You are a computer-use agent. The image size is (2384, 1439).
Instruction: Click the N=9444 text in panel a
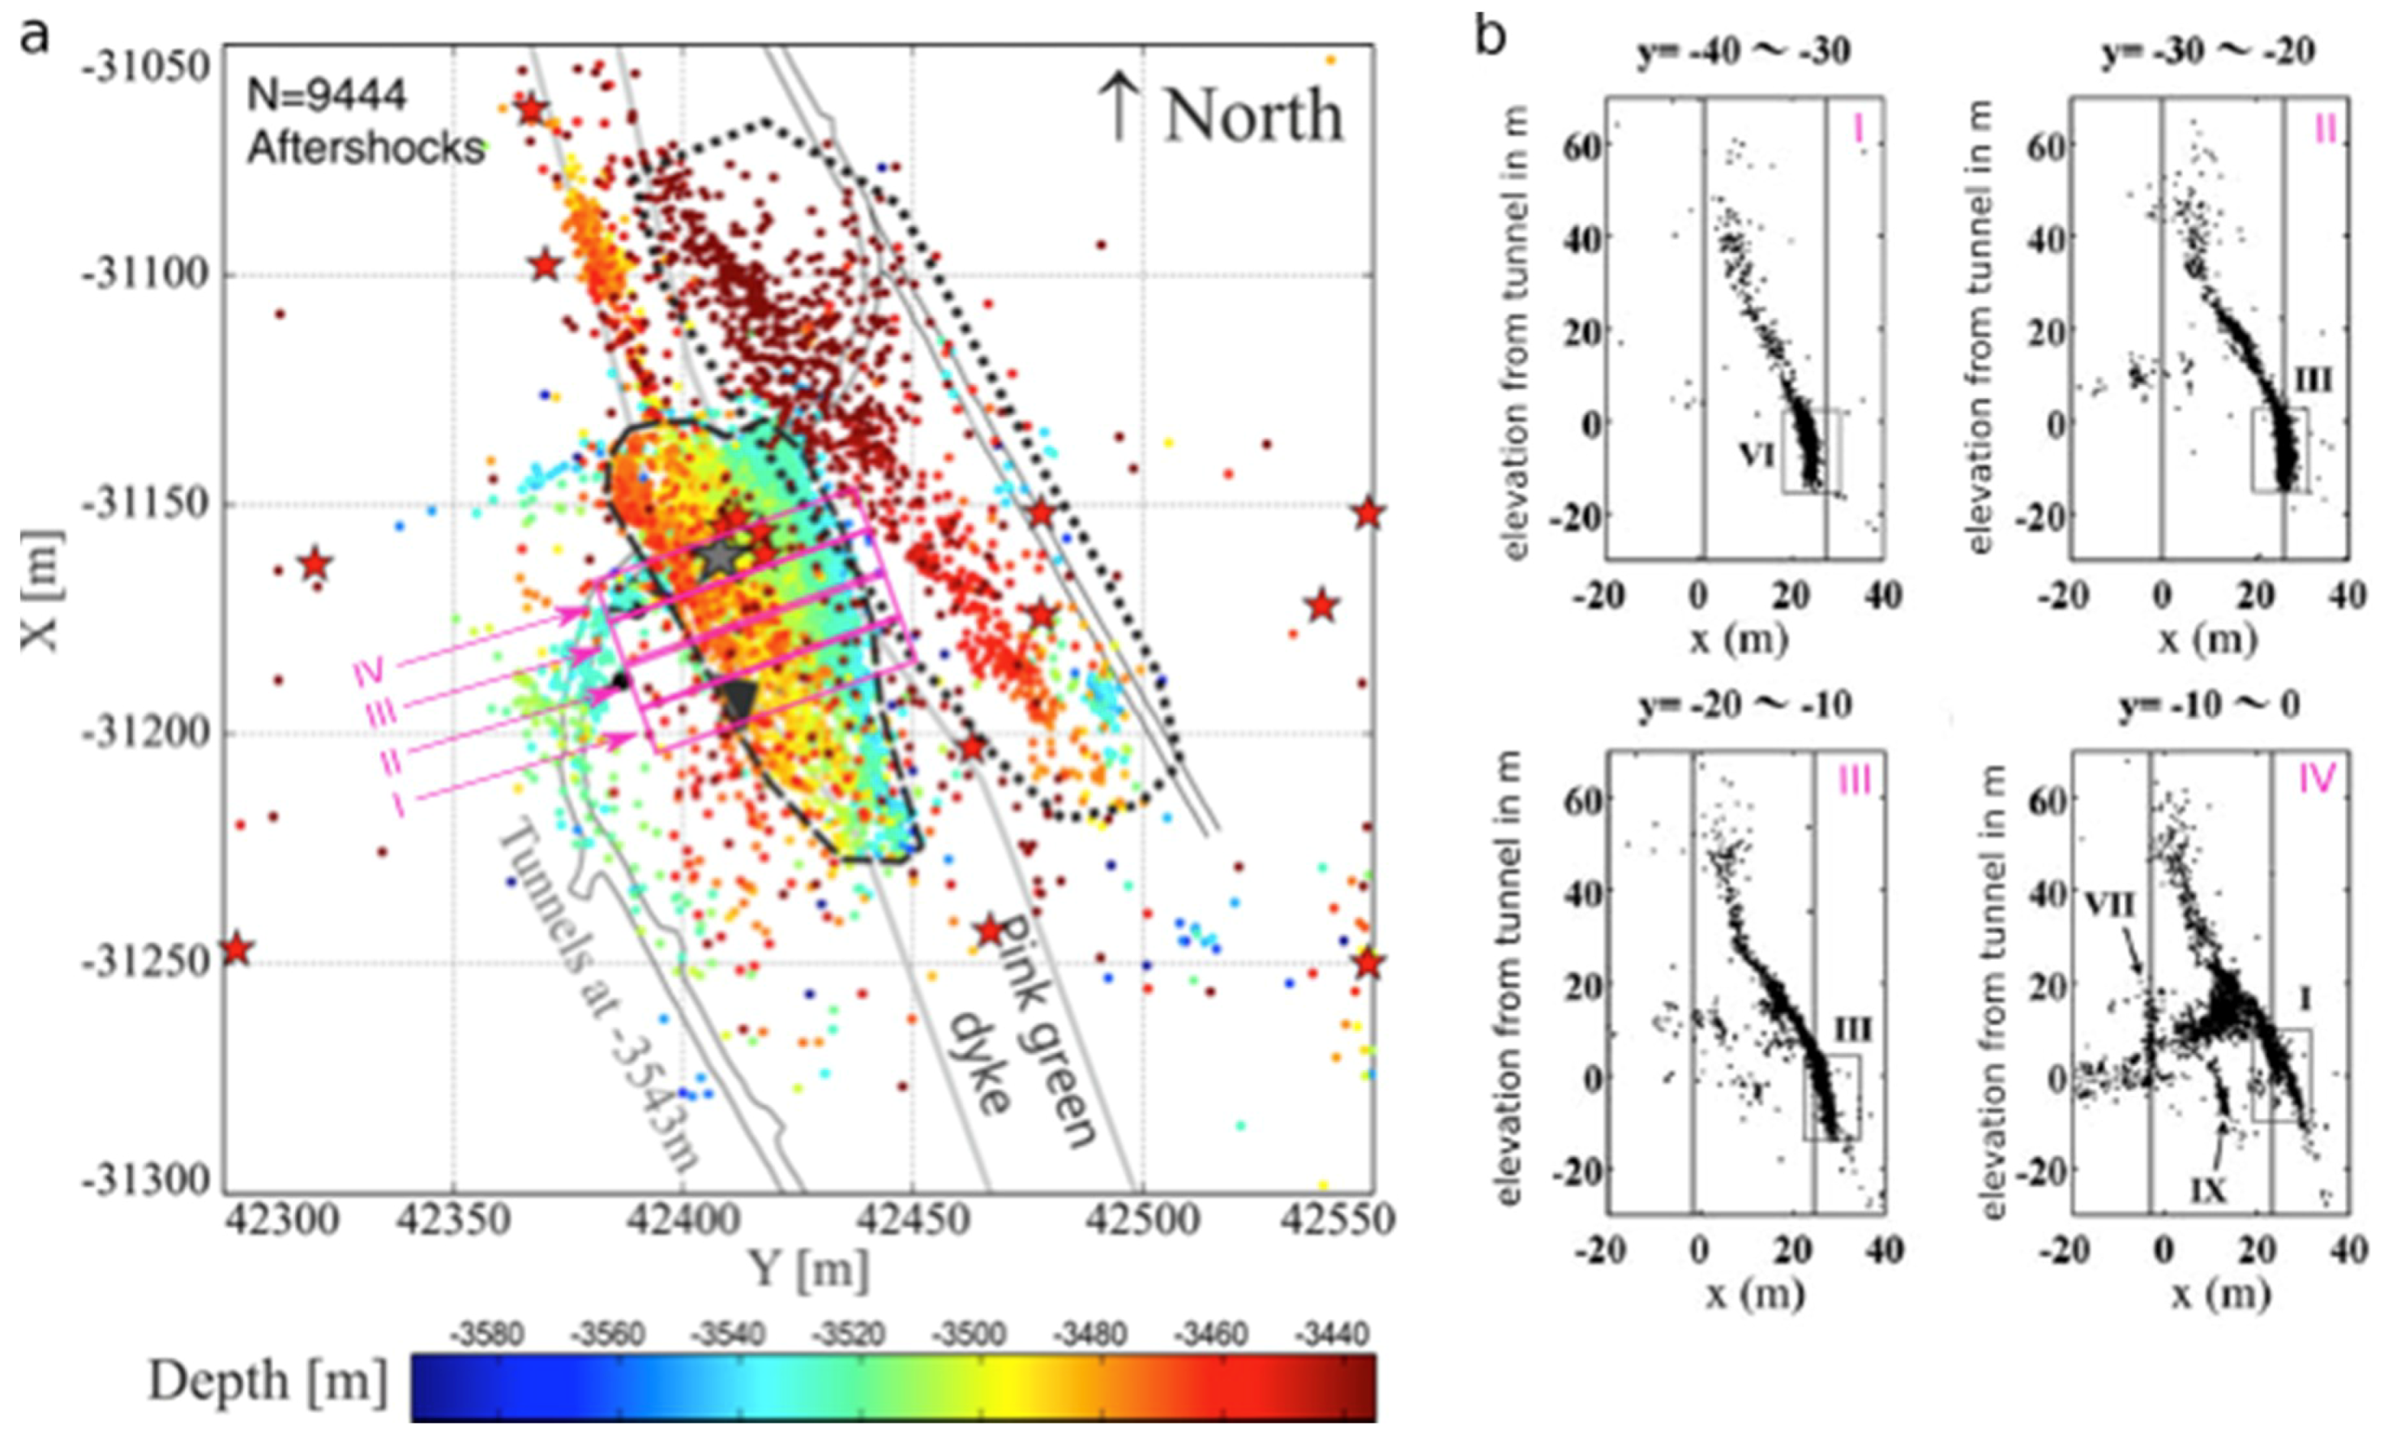point(326,96)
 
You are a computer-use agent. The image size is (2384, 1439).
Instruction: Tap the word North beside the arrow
point(1253,117)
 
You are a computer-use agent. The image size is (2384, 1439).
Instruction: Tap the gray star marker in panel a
point(719,558)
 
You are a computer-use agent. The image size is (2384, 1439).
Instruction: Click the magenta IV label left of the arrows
point(369,670)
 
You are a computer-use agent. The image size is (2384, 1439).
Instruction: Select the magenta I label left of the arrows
point(398,804)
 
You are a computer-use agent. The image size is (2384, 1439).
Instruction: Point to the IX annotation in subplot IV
point(2207,1193)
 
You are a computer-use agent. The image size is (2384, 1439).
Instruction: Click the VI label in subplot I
point(1756,455)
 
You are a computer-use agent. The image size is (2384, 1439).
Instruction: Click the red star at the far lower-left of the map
point(235,949)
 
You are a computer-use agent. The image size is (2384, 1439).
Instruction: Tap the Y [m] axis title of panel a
point(806,1269)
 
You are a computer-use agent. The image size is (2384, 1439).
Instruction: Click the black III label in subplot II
point(2311,380)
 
